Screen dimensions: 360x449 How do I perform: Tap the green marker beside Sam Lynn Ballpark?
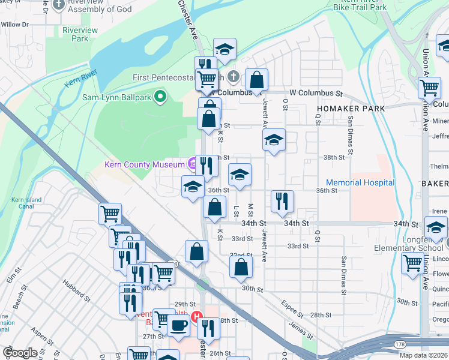[x=160, y=96]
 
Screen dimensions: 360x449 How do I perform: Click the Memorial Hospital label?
[x=360, y=182]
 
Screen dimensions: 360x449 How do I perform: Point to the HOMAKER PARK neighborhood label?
[x=348, y=109]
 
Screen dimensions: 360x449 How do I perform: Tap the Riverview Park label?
[x=76, y=34]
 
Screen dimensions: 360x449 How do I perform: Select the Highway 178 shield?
[x=399, y=344]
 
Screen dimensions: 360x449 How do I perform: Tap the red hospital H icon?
[x=196, y=317]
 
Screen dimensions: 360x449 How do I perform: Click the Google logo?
[x=20, y=353]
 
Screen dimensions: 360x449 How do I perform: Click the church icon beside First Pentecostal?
[x=234, y=77]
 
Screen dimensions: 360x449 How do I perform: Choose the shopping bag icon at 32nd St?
[x=241, y=268]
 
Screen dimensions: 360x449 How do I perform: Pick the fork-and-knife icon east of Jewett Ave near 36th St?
[x=282, y=201]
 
